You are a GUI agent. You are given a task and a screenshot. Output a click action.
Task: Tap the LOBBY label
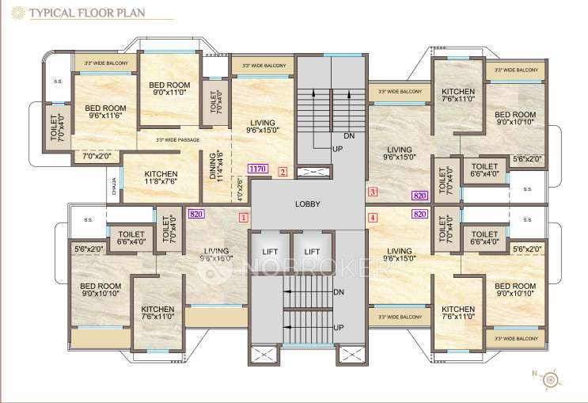tap(308, 203)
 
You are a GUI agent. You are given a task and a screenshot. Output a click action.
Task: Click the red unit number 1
tap(244, 216)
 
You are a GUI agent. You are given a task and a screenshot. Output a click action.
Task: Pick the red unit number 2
tap(283, 170)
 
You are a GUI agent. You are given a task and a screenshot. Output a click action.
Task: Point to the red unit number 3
tap(373, 192)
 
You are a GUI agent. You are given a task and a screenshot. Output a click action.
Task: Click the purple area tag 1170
tap(256, 169)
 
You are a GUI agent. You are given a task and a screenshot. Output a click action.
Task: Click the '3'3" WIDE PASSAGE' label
tap(177, 140)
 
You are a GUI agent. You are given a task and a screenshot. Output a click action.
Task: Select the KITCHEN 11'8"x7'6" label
tap(144, 179)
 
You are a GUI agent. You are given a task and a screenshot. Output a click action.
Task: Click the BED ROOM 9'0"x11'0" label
tap(169, 88)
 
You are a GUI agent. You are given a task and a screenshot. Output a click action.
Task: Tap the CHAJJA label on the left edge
tap(115, 187)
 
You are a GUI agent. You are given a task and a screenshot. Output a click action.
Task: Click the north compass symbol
tap(548, 381)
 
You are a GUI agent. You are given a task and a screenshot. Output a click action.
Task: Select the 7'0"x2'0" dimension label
tap(97, 157)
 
